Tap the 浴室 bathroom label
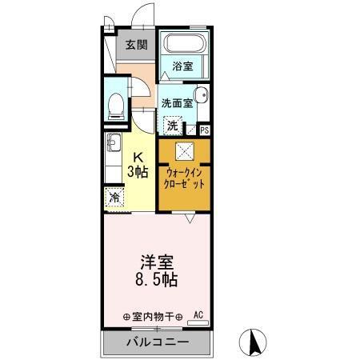[x=182, y=66]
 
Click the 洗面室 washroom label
[x=176, y=102]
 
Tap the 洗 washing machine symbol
[x=172, y=126]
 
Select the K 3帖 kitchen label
[x=138, y=164]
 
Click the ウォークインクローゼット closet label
[x=185, y=178]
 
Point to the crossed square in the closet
[x=185, y=150]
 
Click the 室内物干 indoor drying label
[x=152, y=315]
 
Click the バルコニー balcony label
[x=157, y=342]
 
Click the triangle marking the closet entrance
[x=189, y=216]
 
